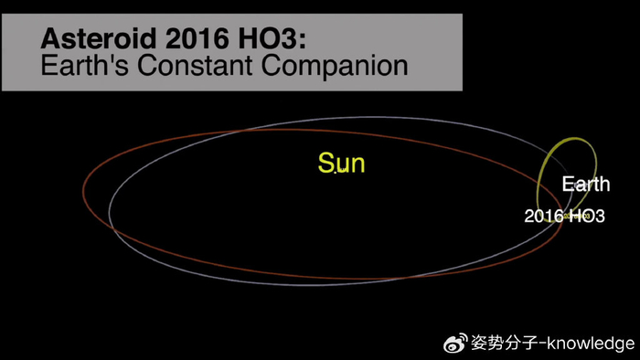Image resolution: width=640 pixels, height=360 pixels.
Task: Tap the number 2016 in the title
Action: click(x=189, y=40)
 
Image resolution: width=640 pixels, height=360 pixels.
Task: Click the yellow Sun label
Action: click(x=341, y=164)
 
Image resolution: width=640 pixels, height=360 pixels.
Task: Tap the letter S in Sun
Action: click(x=325, y=164)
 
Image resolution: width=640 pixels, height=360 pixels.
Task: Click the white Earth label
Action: click(x=586, y=185)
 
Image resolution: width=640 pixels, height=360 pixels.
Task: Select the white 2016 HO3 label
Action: click(x=564, y=217)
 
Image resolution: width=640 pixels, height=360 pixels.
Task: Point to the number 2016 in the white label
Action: click(x=544, y=217)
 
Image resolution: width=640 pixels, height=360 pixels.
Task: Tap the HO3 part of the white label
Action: click(x=586, y=217)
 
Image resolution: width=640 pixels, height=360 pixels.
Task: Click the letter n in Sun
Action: click(x=357, y=165)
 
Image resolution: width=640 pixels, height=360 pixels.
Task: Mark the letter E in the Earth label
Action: click(x=567, y=185)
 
